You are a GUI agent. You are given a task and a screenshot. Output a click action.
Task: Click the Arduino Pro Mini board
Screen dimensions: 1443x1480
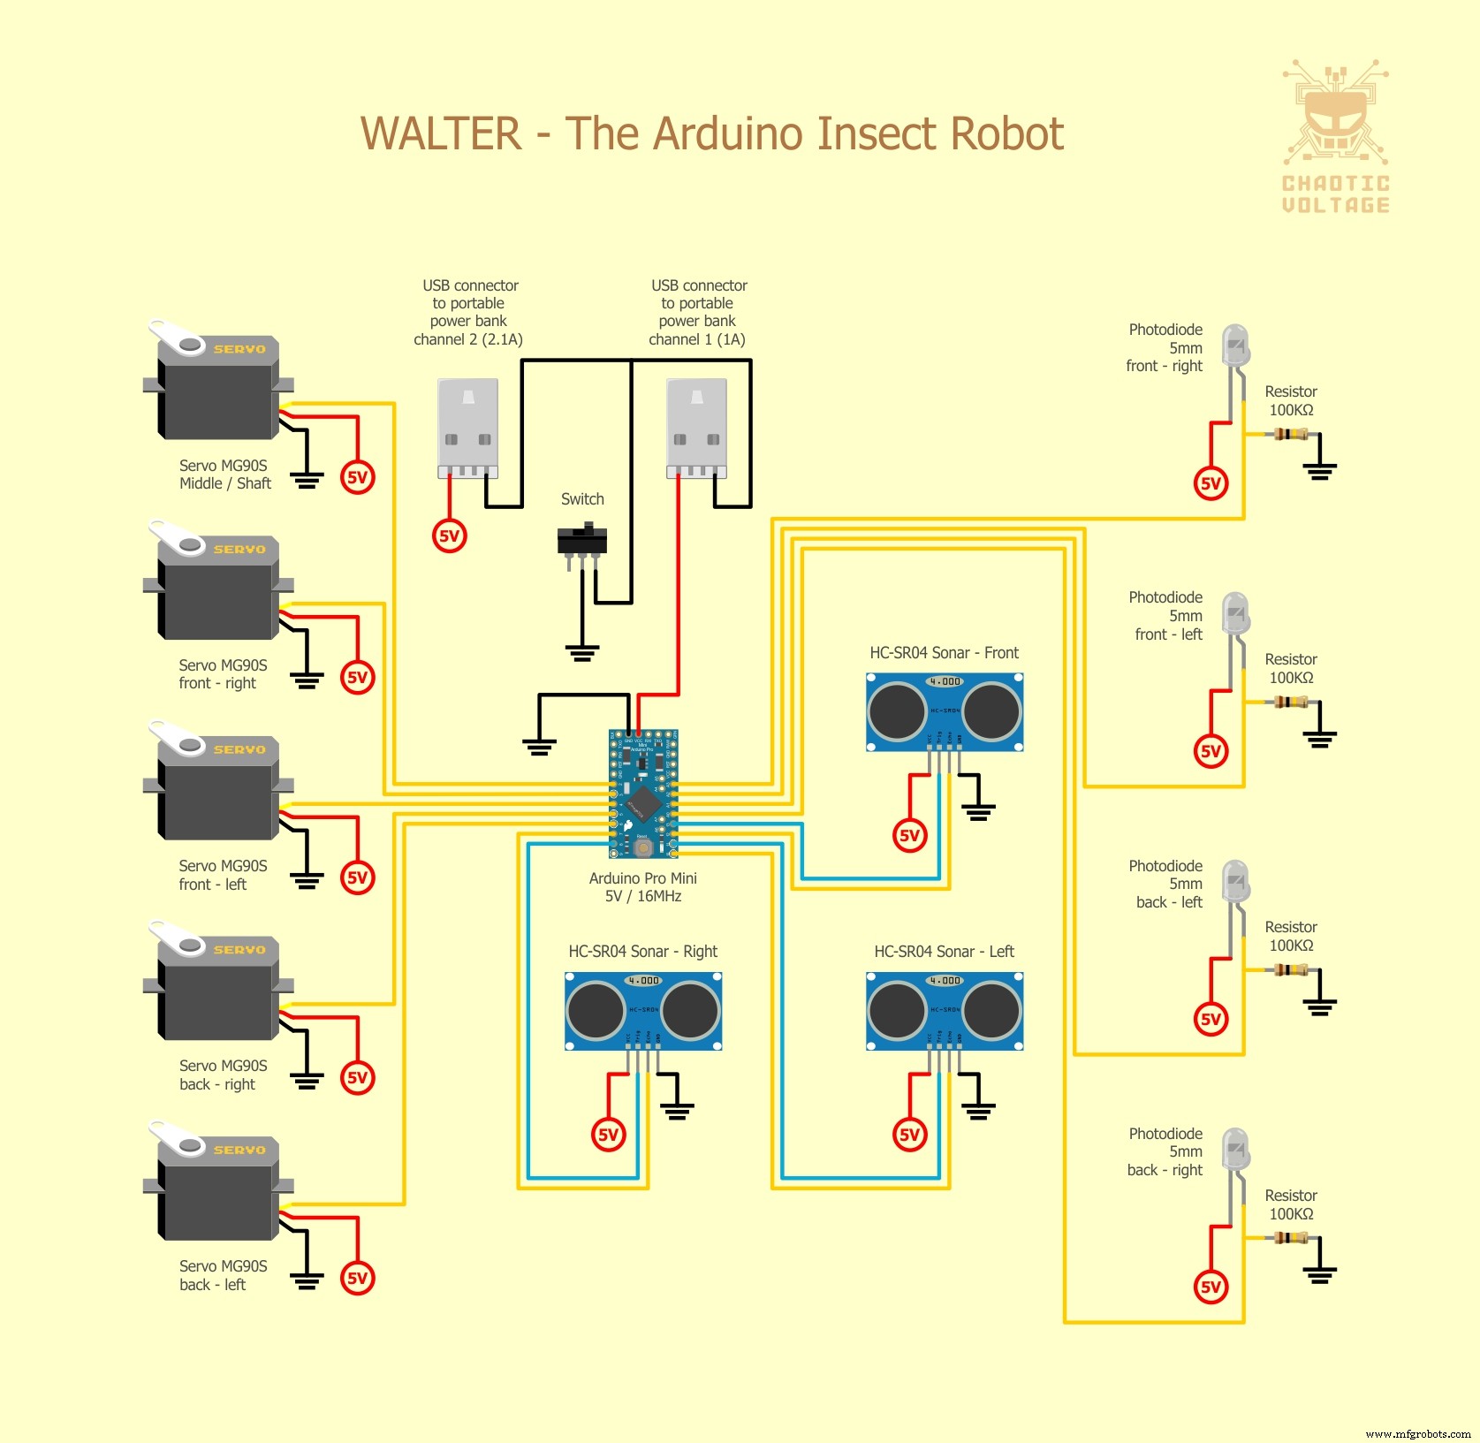tap(643, 794)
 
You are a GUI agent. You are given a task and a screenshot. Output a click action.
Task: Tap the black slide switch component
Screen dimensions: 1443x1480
tap(581, 540)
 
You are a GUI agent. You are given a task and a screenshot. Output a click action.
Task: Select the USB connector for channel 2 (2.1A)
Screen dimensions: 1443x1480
tap(468, 428)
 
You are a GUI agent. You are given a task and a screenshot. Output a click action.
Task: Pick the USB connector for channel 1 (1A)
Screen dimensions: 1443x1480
tap(697, 428)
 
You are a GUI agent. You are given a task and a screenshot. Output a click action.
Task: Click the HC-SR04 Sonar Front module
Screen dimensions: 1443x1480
tap(945, 712)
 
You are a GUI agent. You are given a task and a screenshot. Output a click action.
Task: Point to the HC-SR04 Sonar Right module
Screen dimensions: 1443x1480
tap(643, 1011)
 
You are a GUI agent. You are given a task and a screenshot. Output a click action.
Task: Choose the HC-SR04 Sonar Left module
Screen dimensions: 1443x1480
tap(945, 1011)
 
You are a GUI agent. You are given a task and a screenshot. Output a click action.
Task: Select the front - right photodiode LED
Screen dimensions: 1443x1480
tap(1235, 346)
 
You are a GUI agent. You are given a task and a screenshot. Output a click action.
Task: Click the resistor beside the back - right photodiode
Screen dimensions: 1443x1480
tap(1290, 1237)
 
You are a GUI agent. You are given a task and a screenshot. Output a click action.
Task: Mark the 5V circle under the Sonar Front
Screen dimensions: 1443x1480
tap(910, 835)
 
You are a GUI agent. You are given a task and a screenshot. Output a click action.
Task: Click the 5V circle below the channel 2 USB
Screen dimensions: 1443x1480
tap(450, 535)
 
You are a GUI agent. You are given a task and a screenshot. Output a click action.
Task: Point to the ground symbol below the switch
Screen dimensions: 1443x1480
tap(581, 653)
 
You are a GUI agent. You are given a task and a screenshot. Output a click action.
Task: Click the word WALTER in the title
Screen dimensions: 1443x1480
tap(441, 134)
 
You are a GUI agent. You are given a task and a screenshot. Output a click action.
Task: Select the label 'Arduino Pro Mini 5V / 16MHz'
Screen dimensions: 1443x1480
tap(643, 887)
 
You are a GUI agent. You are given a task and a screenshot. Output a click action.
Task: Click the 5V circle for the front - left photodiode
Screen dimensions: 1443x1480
tap(1211, 751)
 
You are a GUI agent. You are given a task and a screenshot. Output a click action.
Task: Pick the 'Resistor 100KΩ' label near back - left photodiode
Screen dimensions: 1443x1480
tap(1291, 936)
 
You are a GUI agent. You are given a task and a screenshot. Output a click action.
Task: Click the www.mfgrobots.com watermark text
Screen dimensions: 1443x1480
tap(1418, 1433)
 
